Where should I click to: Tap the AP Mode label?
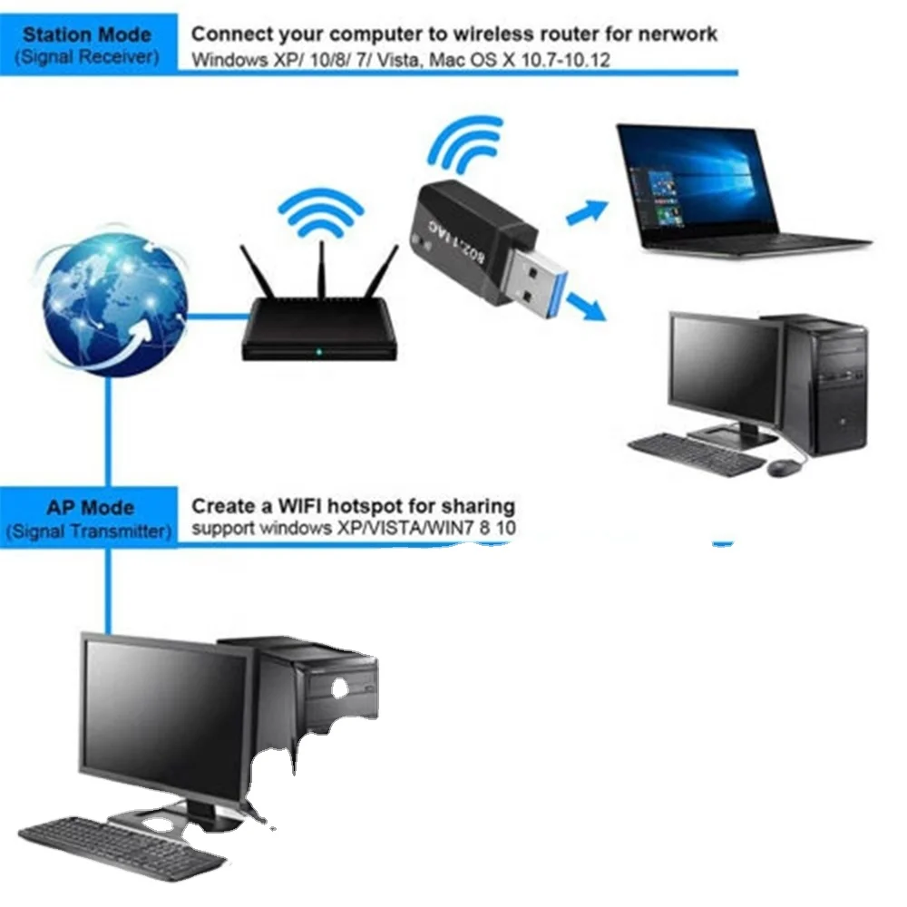(x=89, y=508)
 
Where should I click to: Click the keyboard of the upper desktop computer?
(x=696, y=453)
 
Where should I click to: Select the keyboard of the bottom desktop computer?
(x=121, y=845)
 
